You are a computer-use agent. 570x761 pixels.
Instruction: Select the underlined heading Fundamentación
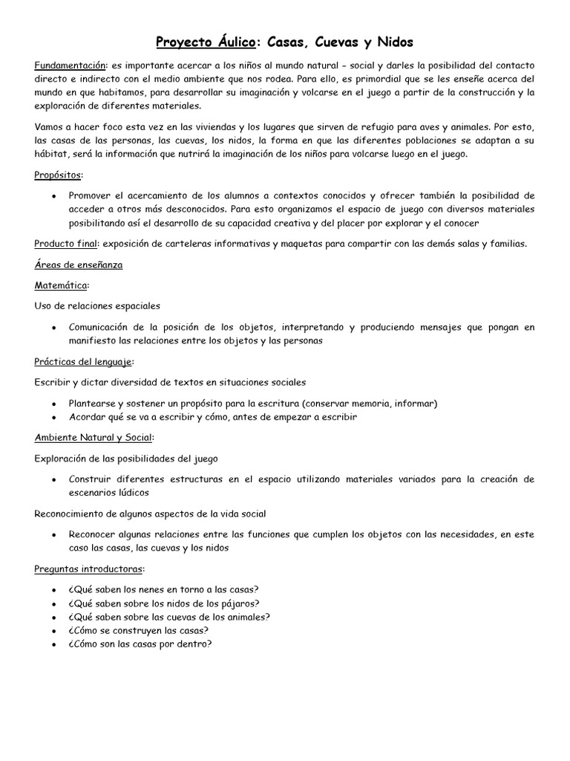[x=71, y=65]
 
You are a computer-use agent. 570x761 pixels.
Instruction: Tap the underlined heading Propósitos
[x=59, y=175]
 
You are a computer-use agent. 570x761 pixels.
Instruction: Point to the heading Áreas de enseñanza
[x=79, y=265]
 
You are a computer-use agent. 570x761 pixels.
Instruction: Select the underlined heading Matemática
[x=62, y=285]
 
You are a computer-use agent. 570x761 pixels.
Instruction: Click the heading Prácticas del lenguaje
[x=84, y=361]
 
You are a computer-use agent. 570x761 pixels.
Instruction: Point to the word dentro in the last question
[x=194, y=644]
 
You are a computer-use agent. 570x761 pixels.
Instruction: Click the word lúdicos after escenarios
[x=131, y=493]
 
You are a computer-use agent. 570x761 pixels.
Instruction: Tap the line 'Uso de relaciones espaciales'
[x=97, y=305]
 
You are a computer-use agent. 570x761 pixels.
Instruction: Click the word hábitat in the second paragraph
[x=52, y=154]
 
